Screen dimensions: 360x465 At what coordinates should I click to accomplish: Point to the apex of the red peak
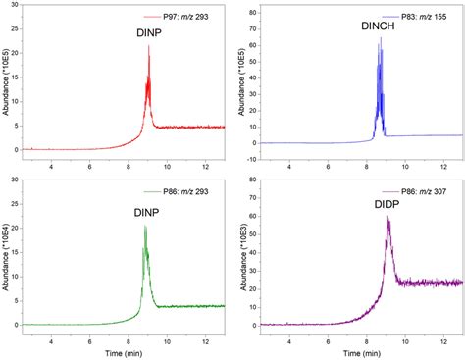coord(148,46)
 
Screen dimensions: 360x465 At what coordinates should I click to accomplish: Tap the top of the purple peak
coord(387,217)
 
